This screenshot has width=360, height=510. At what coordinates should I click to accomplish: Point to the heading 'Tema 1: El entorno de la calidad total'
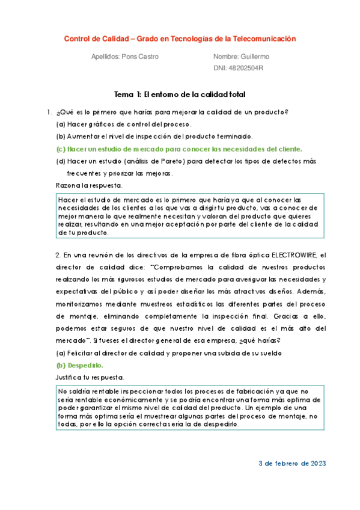[x=180, y=94]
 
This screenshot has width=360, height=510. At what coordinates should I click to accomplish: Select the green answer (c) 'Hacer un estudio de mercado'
[x=179, y=149]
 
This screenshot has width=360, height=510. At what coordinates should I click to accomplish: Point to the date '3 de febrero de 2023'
[x=291, y=464]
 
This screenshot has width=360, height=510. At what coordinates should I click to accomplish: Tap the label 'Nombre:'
[x=226, y=57]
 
